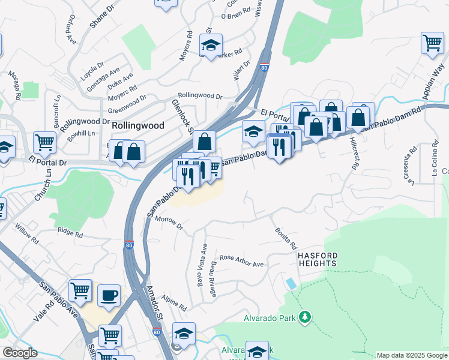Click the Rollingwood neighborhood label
click(x=138, y=125)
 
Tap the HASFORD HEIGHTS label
click(x=318, y=259)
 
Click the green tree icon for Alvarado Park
click(x=306, y=316)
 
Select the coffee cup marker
click(x=109, y=295)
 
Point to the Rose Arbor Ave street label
click(x=241, y=261)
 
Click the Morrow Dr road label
click(x=168, y=221)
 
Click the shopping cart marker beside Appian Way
click(x=432, y=43)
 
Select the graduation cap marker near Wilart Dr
click(x=211, y=45)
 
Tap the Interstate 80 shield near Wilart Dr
click(x=264, y=68)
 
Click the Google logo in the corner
click(x=20, y=353)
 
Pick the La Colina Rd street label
click(x=435, y=159)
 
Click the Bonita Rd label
click(x=286, y=238)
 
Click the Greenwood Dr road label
click(x=127, y=104)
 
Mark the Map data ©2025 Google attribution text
click(x=412, y=355)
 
